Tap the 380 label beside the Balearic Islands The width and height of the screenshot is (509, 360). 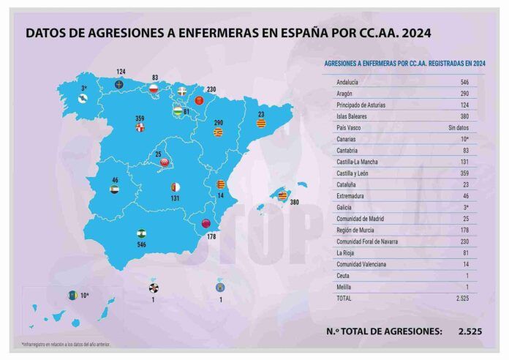coord(295,201)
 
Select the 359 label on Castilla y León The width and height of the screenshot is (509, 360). coord(140,118)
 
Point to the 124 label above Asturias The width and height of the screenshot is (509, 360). coord(121,71)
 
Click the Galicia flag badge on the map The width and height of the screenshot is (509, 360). coord(84,99)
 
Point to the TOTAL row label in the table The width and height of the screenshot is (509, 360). coord(344,298)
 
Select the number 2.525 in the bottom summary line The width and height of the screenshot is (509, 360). coord(470,331)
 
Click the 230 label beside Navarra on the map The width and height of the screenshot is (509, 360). coord(211,89)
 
